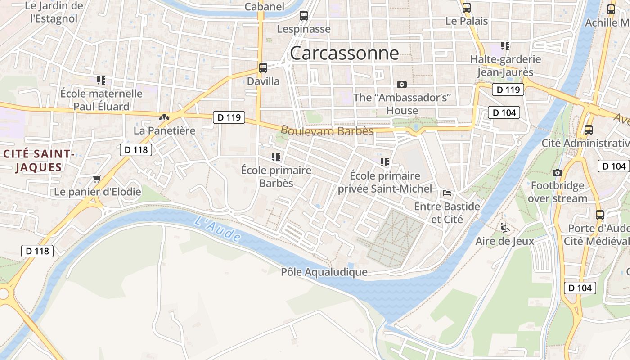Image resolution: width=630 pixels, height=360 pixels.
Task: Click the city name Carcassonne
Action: click(344, 53)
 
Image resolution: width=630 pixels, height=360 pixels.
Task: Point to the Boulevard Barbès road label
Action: click(327, 130)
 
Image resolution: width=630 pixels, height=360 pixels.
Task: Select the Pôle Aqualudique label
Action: click(324, 272)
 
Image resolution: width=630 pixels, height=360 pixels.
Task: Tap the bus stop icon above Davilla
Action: click(263, 68)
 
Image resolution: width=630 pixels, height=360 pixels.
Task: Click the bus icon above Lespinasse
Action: click(304, 16)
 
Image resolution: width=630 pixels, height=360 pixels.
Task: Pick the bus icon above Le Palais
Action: click(467, 7)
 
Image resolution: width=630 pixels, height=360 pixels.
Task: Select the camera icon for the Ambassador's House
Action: click(402, 84)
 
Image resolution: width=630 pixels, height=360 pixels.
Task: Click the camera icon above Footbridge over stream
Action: click(557, 172)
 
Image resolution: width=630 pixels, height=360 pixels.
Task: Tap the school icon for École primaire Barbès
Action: click(276, 157)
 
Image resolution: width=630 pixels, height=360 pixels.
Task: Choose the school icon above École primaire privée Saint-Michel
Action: click(385, 162)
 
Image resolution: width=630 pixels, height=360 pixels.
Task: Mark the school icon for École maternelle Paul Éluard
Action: click(101, 81)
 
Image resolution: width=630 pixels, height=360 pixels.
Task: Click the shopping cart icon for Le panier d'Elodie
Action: click(97, 179)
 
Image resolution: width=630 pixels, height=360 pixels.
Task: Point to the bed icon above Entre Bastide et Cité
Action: click(447, 193)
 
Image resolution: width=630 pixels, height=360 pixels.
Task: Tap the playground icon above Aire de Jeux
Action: click(505, 228)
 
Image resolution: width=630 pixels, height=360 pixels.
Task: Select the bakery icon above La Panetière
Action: click(164, 117)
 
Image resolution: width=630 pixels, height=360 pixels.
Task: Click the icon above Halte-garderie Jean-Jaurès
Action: click(505, 46)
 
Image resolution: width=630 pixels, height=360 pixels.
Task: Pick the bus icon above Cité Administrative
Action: click(588, 130)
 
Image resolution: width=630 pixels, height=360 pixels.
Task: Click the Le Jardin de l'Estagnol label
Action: click(54, 12)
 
